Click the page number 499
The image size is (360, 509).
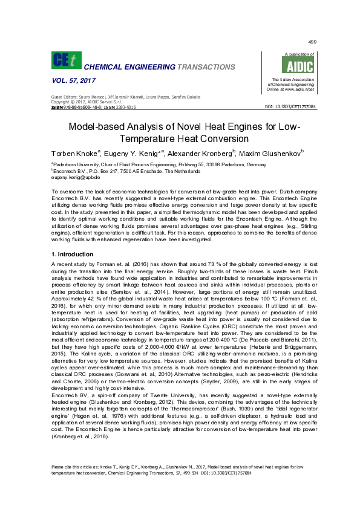[312, 41]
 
